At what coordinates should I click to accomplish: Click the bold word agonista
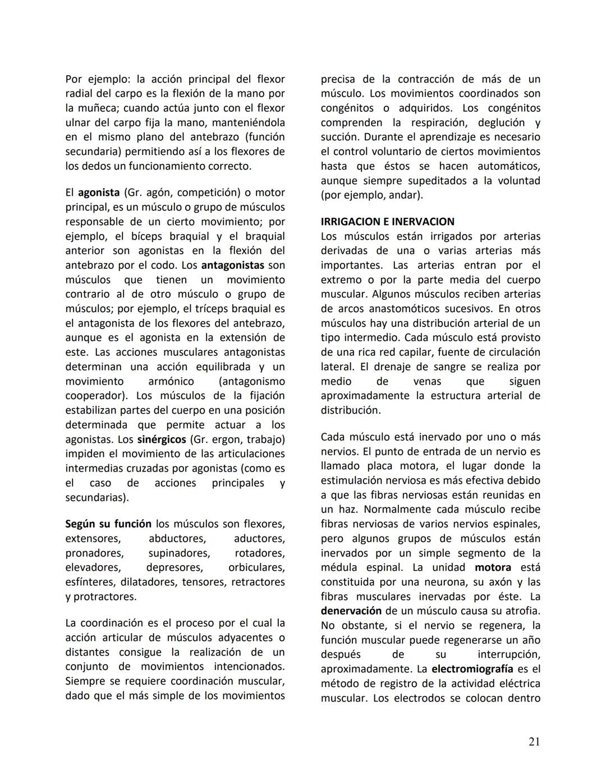coord(99,192)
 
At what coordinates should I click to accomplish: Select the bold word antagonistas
coord(233,265)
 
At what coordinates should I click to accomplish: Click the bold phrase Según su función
coord(108,524)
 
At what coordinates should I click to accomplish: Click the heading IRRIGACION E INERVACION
coord(388,222)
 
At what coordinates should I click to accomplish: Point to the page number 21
coord(534,742)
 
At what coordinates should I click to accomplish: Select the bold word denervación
coord(351,611)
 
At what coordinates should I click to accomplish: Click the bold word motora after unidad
coord(493,567)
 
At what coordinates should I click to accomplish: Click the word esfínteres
coord(90,582)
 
